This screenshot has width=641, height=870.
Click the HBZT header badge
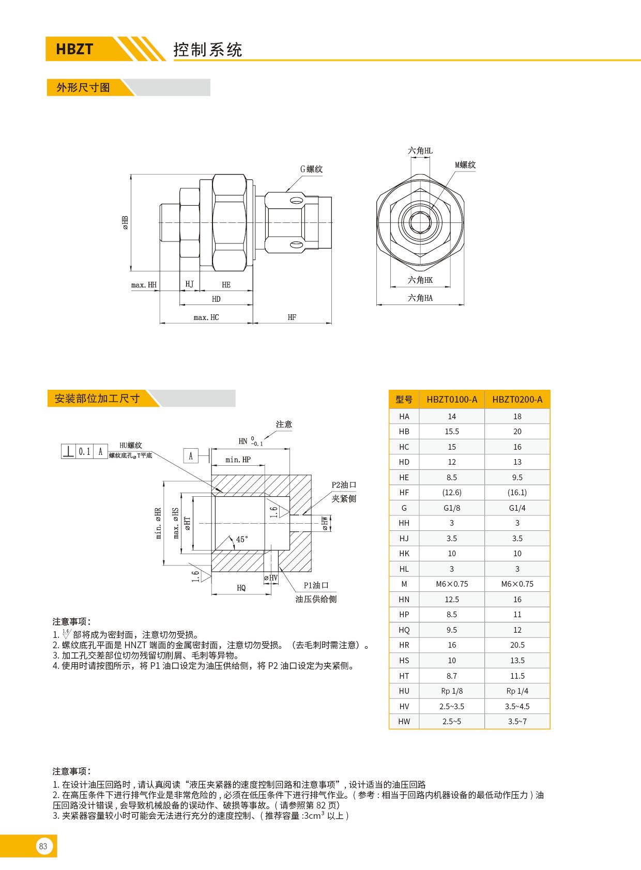click(x=74, y=49)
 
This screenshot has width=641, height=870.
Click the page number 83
click(x=43, y=846)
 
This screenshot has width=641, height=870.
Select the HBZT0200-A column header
click(x=517, y=399)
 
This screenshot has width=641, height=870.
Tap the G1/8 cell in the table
click(x=452, y=508)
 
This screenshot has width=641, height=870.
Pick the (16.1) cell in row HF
click(x=517, y=493)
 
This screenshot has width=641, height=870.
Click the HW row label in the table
click(x=404, y=721)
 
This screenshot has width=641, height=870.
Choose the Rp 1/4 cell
click(x=517, y=691)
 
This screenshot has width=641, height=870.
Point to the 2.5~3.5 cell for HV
click(x=452, y=706)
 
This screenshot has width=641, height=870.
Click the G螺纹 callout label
click(x=312, y=169)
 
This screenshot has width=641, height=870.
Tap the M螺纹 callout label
click(x=465, y=165)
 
